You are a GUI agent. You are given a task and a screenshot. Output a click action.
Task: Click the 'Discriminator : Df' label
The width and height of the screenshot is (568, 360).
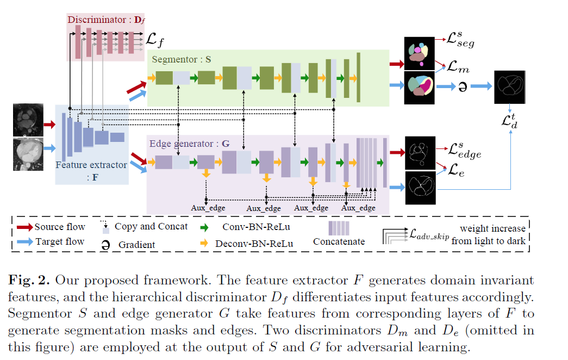[x=104, y=20]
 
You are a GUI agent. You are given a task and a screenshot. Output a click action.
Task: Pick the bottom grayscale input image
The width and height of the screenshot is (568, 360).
[x=28, y=154]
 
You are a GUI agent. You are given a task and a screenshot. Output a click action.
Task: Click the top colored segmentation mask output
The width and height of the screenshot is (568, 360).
[x=420, y=54]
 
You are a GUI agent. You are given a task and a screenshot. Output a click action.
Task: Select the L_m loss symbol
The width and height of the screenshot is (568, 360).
[x=457, y=67]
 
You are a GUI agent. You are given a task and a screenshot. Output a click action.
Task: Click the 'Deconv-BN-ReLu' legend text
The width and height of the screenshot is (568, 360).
[x=254, y=243]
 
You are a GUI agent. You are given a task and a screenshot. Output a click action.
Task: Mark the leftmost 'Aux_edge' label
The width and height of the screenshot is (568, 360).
[x=208, y=208]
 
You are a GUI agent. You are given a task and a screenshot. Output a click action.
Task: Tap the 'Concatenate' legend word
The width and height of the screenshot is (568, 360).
[x=339, y=241]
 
